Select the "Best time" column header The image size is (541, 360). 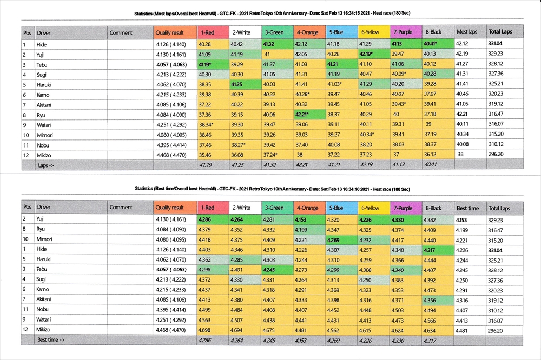[468, 208]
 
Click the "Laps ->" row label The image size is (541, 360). [47, 165]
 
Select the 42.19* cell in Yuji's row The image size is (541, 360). [371, 54]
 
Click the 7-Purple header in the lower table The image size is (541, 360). [404, 208]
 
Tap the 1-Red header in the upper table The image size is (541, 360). [208, 32]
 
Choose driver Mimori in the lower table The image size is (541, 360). [45, 239]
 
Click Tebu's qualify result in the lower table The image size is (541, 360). [171, 269]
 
